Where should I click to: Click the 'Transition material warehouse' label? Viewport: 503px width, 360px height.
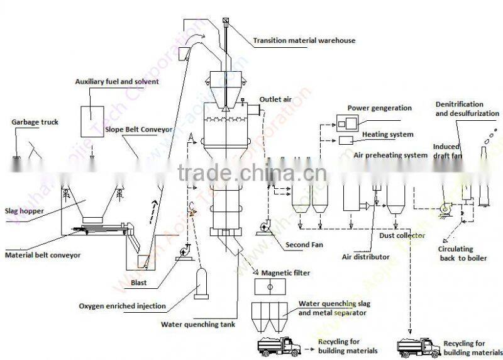coord(304,41)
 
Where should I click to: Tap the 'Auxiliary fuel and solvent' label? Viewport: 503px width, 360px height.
coord(117,82)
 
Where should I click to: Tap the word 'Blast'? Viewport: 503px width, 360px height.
coord(138,283)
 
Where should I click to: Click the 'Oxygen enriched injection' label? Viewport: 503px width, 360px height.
coord(123,307)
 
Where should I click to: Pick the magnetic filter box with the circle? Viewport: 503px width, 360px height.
coord(270,287)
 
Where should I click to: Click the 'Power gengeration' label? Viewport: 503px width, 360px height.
coord(380,108)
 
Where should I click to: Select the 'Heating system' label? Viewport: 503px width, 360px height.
coord(388,134)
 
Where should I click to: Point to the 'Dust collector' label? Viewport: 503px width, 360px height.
coord(402,236)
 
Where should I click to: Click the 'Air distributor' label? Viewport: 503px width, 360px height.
coord(365,257)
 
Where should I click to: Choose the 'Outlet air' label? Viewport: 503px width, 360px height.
coord(275,99)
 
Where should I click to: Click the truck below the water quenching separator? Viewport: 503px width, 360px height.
coord(280,346)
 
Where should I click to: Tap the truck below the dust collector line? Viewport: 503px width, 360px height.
coord(418,346)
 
